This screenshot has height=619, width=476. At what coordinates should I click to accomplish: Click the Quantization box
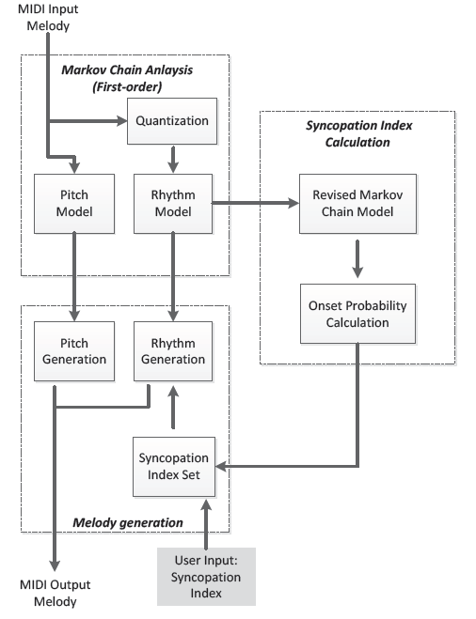point(172,121)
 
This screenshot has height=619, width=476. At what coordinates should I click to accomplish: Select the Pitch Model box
point(74,204)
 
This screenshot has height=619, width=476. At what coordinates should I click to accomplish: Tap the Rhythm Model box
point(173,204)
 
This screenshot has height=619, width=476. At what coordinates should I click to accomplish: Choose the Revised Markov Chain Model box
point(357,204)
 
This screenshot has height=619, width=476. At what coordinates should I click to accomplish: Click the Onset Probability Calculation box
point(357,314)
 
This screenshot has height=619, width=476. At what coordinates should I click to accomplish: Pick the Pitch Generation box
point(74,351)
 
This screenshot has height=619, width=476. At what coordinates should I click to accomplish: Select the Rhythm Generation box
point(173,351)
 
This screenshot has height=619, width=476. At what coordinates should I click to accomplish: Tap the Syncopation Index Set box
point(174,467)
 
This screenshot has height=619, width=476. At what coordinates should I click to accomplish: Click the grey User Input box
point(206,577)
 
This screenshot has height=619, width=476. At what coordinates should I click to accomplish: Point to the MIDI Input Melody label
point(48,17)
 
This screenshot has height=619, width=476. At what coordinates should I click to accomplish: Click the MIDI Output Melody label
point(55,593)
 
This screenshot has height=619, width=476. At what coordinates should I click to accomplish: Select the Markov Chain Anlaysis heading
point(127,78)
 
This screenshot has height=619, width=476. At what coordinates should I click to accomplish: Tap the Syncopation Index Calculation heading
point(358,133)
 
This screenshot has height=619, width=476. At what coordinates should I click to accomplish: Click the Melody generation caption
point(128,522)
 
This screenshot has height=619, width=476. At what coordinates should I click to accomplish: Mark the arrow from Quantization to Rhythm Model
point(173,160)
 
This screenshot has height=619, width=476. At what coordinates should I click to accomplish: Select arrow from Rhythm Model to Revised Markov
point(256,203)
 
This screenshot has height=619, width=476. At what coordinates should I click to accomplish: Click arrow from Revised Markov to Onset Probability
point(357,259)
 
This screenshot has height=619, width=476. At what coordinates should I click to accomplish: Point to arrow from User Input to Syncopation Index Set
point(206,523)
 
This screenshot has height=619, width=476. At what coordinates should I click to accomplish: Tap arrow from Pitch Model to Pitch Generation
point(74,277)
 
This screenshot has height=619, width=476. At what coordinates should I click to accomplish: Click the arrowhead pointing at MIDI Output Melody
point(55,565)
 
